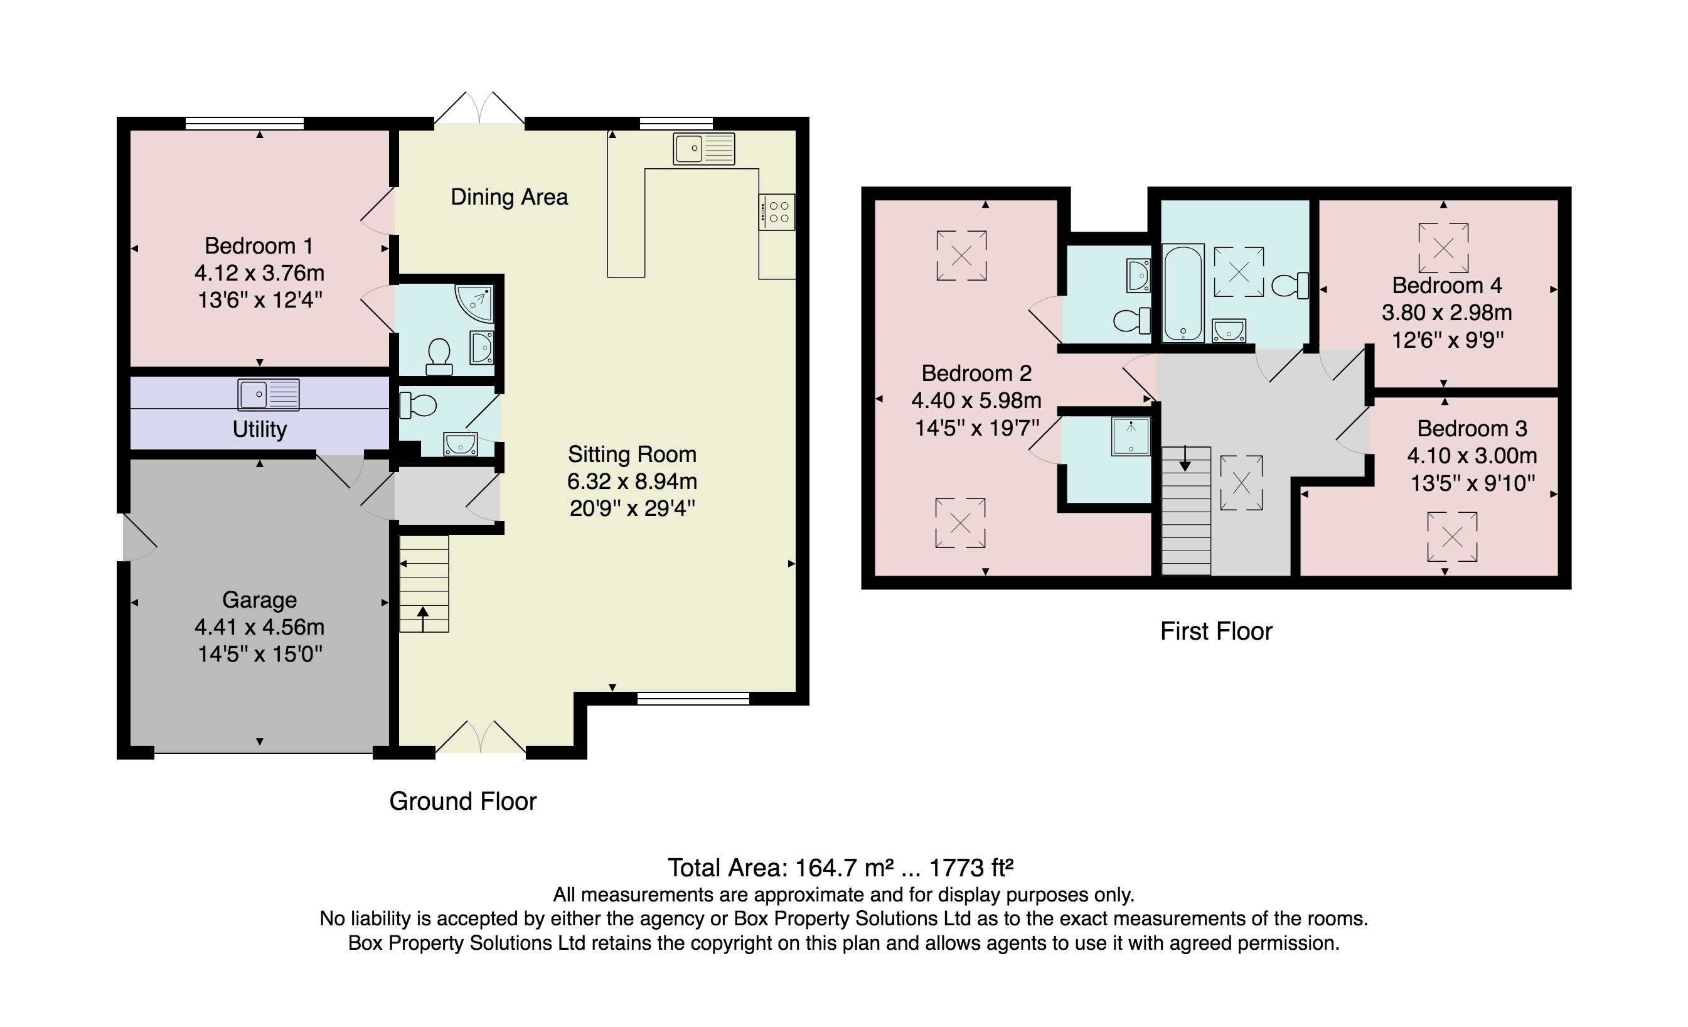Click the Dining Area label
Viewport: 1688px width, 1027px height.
click(x=509, y=197)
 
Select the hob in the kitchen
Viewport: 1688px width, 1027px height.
click(x=777, y=212)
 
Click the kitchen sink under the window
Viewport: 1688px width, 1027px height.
click(x=703, y=149)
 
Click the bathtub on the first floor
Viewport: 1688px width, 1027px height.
click(x=1183, y=294)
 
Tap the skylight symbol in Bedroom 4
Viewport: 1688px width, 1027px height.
click(x=1443, y=248)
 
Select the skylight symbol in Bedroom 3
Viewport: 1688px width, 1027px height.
click(x=1451, y=537)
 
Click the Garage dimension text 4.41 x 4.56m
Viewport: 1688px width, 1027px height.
click(x=259, y=627)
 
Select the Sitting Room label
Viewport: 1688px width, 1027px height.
click(x=632, y=454)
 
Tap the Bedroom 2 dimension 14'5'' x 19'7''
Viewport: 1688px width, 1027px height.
click(x=977, y=428)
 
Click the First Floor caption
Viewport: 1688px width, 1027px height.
click(x=1216, y=631)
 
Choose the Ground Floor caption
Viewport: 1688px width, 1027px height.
click(x=462, y=801)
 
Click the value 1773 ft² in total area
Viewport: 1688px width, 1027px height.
click(x=970, y=868)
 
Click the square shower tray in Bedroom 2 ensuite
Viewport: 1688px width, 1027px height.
click(x=1130, y=436)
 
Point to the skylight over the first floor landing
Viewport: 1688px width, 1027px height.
click(x=1241, y=483)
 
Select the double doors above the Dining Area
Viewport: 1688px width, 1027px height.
click(x=479, y=110)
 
